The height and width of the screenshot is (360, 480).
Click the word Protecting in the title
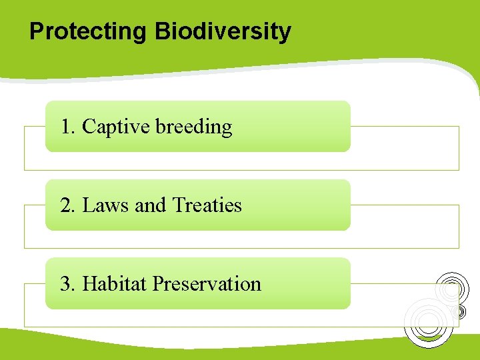tap(89, 31)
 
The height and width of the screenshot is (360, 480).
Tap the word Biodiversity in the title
tap(223, 31)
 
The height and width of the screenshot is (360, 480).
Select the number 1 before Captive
tap(65, 127)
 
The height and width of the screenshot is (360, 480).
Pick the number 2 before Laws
tap(65, 205)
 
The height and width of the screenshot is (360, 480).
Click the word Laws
tap(106, 205)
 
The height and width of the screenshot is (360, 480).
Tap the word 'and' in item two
tap(150, 205)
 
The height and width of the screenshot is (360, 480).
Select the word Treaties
tap(207, 205)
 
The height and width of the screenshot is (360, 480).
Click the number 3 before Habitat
tap(65, 284)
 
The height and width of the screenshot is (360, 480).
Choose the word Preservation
tap(207, 284)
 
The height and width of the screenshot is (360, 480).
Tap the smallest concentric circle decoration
tap(459, 311)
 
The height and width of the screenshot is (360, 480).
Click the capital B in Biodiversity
tap(161, 31)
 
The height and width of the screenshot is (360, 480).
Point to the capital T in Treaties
tap(177, 205)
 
